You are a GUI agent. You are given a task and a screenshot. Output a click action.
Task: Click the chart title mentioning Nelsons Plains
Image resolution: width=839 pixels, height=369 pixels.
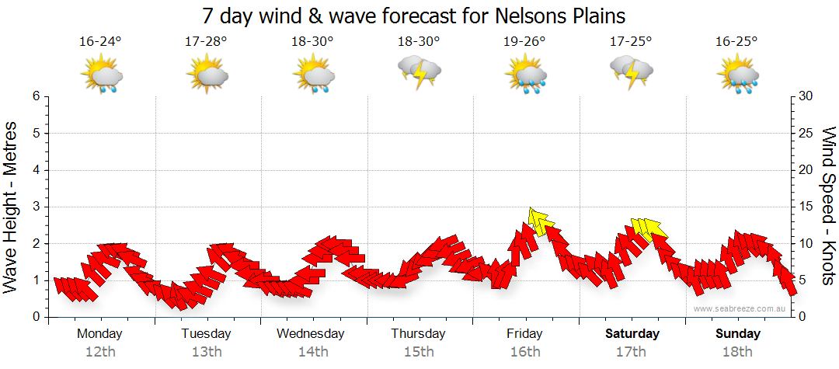413,16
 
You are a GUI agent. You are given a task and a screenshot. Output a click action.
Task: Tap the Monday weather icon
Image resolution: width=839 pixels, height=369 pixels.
102,75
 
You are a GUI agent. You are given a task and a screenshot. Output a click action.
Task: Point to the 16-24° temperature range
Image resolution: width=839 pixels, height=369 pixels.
101,42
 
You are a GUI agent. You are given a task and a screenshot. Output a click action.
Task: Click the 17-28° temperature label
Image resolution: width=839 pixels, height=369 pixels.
206,42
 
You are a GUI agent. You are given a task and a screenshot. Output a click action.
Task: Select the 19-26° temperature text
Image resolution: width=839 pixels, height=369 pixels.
524,42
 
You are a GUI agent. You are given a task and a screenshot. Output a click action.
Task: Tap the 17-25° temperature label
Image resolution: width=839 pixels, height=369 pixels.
631,42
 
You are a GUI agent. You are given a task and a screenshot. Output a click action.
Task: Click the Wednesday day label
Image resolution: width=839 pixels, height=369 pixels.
311,334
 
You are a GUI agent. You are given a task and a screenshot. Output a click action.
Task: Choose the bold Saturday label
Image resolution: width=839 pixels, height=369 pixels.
632,334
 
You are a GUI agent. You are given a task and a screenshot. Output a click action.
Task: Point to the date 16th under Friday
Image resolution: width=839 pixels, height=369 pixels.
525,352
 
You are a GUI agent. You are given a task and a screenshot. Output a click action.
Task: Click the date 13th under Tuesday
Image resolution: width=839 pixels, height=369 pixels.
207,352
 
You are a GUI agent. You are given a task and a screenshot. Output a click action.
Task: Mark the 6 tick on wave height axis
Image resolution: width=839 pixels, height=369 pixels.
36,96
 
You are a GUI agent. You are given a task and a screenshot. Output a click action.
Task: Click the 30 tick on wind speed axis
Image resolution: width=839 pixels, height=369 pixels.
806,96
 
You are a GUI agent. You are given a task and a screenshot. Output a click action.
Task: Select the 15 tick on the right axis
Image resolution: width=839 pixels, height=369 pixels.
806,207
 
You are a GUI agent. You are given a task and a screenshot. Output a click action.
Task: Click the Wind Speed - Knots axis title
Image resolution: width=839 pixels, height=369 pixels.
827,205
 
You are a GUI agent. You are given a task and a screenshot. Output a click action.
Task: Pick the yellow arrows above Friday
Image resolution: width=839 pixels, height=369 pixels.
538,221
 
